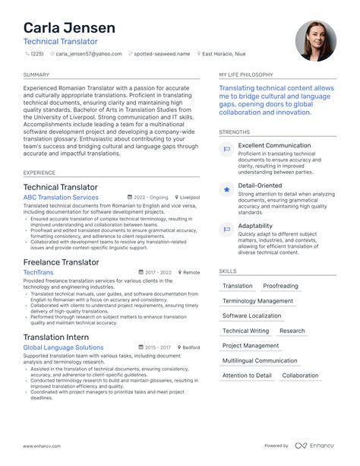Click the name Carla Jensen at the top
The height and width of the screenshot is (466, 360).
(x=69, y=28)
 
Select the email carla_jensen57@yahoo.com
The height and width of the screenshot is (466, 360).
(x=88, y=55)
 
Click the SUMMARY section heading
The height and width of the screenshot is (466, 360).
(x=36, y=75)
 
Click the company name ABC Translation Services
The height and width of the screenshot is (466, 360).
(x=61, y=198)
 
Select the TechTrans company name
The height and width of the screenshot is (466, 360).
(x=39, y=272)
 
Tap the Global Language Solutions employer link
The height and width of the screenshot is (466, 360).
(x=63, y=347)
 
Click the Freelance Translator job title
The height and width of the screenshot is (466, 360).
(x=62, y=262)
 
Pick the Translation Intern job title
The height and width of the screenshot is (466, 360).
(x=56, y=337)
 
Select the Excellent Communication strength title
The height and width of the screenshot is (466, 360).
(x=274, y=145)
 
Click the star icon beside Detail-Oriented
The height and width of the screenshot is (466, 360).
(x=226, y=189)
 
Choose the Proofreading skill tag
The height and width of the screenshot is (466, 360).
(x=281, y=287)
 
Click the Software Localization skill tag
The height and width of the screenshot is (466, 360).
(x=251, y=316)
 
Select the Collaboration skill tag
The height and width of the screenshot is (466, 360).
(x=300, y=376)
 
